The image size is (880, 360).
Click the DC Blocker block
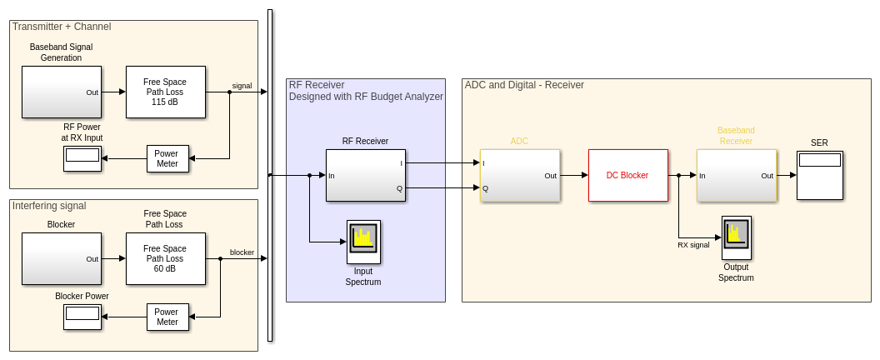click(x=627, y=175)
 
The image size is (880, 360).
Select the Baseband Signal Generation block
click(x=61, y=92)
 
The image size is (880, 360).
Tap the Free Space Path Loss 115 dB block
click(x=165, y=92)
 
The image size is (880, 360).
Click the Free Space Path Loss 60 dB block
click(x=165, y=258)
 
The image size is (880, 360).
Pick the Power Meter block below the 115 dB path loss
click(x=167, y=158)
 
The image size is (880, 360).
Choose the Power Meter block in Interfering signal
click(x=167, y=317)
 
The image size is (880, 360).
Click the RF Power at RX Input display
click(x=82, y=158)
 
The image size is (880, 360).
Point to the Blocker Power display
click(x=82, y=317)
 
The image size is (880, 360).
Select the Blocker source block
click(x=61, y=258)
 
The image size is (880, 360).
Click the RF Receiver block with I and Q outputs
click(x=365, y=175)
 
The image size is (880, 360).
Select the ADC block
click(x=519, y=175)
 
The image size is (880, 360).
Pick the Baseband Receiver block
click(x=736, y=175)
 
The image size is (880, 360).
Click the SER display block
click(x=819, y=175)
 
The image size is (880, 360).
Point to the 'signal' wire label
click(x=242, y=86)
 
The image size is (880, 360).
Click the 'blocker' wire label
click(x=242, y=252)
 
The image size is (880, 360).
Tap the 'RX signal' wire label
click(x=693, y=245)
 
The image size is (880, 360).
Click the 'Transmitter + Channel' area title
click(x=62, y=27)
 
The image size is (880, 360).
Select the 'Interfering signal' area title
click(x=49, y=206)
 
